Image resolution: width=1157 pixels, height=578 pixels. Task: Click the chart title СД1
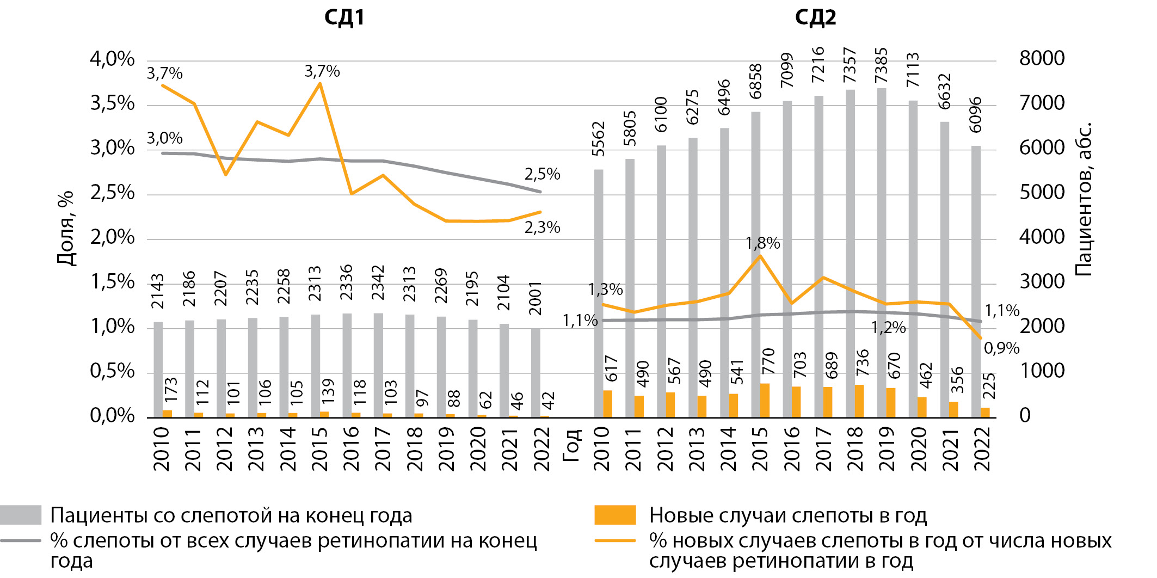tap(344, 17)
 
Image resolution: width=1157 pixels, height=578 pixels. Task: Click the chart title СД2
tap(815, 17)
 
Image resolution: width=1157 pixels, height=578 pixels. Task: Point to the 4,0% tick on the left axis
tap(112, 59)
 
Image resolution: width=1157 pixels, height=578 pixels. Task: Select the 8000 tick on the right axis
tap(1042, 58)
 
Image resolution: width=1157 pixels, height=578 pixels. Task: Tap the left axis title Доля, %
tap(65, 227)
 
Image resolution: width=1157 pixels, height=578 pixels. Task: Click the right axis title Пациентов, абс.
tap(1084, 199)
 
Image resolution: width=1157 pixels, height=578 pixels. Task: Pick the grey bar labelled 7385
tap(882, 253)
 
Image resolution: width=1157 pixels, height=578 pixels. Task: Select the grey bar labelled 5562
tap(599, 293)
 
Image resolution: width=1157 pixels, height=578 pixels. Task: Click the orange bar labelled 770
tap(765, 401)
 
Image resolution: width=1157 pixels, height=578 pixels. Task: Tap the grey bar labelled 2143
tap(158, 370)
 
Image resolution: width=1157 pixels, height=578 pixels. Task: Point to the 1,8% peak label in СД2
tap(762, 243)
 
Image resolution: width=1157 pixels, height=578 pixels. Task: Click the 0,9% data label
tap(1001, 348)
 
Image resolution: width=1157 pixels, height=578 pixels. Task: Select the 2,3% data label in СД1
tap(542, 227)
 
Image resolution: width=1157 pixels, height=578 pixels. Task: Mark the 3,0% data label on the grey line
tap(164, 138)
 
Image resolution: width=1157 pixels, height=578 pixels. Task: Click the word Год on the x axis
tap(571, 445)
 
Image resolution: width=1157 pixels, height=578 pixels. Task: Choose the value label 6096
tap(976, 115)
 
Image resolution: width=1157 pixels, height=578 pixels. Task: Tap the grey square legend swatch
tap(21, 515)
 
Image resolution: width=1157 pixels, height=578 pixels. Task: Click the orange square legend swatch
tap(615, 515)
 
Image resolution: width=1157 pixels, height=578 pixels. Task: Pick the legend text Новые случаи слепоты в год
tap(787, 515)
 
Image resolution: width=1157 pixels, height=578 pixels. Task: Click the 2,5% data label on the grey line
tap(542, 174)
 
